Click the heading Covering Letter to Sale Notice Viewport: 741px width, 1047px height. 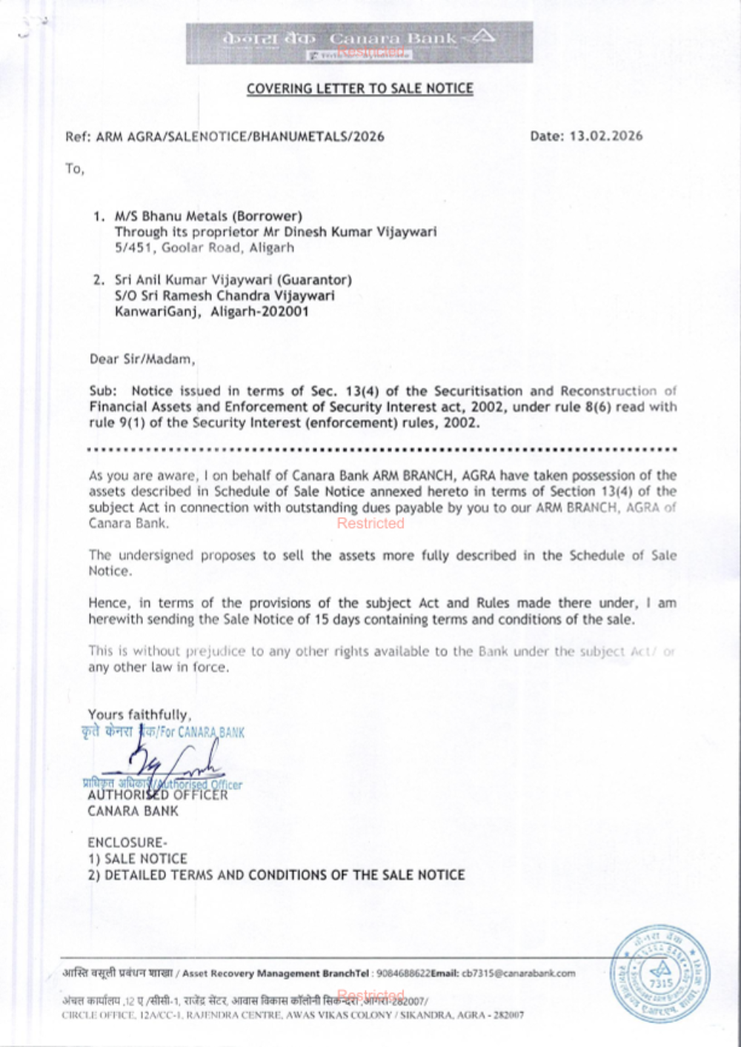tap(359, 89)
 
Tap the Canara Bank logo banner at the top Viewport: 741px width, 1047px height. tap(359, 42)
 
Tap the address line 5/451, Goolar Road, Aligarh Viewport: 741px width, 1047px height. tap(204, 247)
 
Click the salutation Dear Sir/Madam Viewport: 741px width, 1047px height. tap(142, 359)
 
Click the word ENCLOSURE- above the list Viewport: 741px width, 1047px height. tap(127, 842)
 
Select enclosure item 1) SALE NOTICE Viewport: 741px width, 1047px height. tap(137, 859)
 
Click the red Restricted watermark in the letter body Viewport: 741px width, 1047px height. tap(370, 523)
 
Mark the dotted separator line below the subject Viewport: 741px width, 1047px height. tap(382, 449)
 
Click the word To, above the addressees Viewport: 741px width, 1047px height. tap(75, 169)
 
